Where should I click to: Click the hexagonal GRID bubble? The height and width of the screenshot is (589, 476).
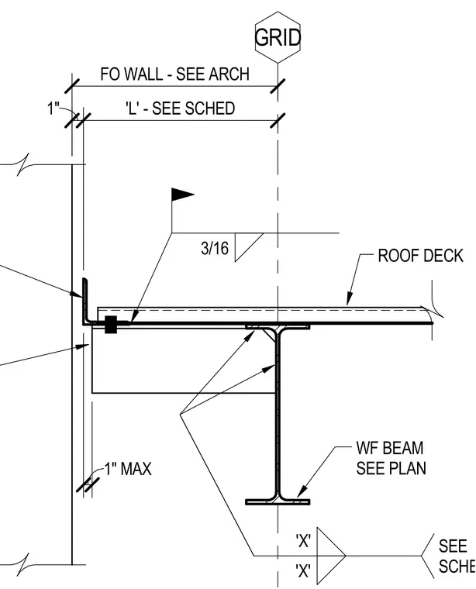(x=278, y=37)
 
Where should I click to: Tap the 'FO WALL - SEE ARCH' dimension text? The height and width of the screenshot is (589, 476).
(x=174, y=74)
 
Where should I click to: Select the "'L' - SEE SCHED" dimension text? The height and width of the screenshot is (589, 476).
(x=181, y=108)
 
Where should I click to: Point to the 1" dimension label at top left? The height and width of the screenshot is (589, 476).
(x=53, y=108)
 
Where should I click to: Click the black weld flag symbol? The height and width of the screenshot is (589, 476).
(x=183, y=195)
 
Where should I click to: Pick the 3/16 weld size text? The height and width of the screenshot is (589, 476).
(x=215, y=248)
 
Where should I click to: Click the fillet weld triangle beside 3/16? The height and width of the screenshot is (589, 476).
(x=249, y=246)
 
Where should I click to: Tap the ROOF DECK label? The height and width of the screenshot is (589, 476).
(x=420, y=256)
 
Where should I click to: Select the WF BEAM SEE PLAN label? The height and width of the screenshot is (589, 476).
(x=391, y=458)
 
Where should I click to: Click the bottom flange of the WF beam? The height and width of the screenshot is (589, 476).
(x=278, y=501)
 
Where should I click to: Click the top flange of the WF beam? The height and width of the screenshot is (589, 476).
(x=278, y=326)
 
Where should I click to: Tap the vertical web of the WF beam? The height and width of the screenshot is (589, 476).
(x=278, y=413)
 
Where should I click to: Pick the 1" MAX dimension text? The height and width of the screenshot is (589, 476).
(x=128, y=469)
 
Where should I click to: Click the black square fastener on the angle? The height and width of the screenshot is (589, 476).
(x=110, y=324)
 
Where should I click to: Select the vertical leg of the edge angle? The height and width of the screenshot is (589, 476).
(x=85, y=299)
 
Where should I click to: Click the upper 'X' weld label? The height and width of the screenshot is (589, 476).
(x=303, y=541)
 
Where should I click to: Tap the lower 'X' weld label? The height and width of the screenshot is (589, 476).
(x=303, y=571)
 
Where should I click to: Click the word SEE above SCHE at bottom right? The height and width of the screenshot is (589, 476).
(x=453, y=546)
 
